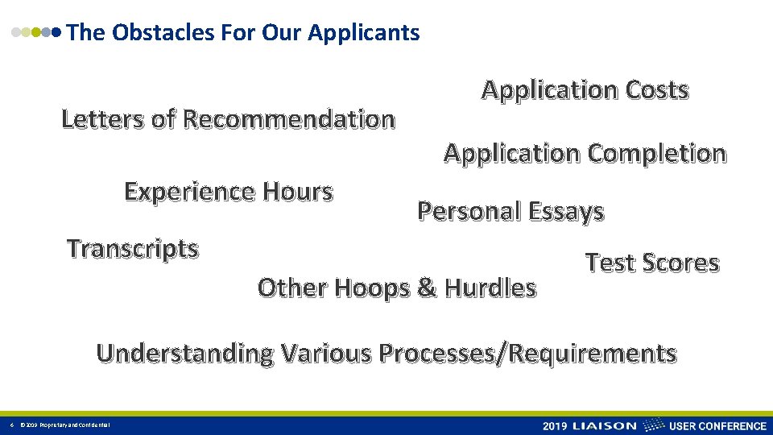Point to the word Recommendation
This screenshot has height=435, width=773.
(288, 119)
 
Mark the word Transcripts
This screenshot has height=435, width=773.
(132, 249)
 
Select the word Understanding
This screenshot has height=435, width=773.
(185, 353)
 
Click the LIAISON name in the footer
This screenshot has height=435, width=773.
(604, 425)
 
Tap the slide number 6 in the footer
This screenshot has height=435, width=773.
(11, 425)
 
